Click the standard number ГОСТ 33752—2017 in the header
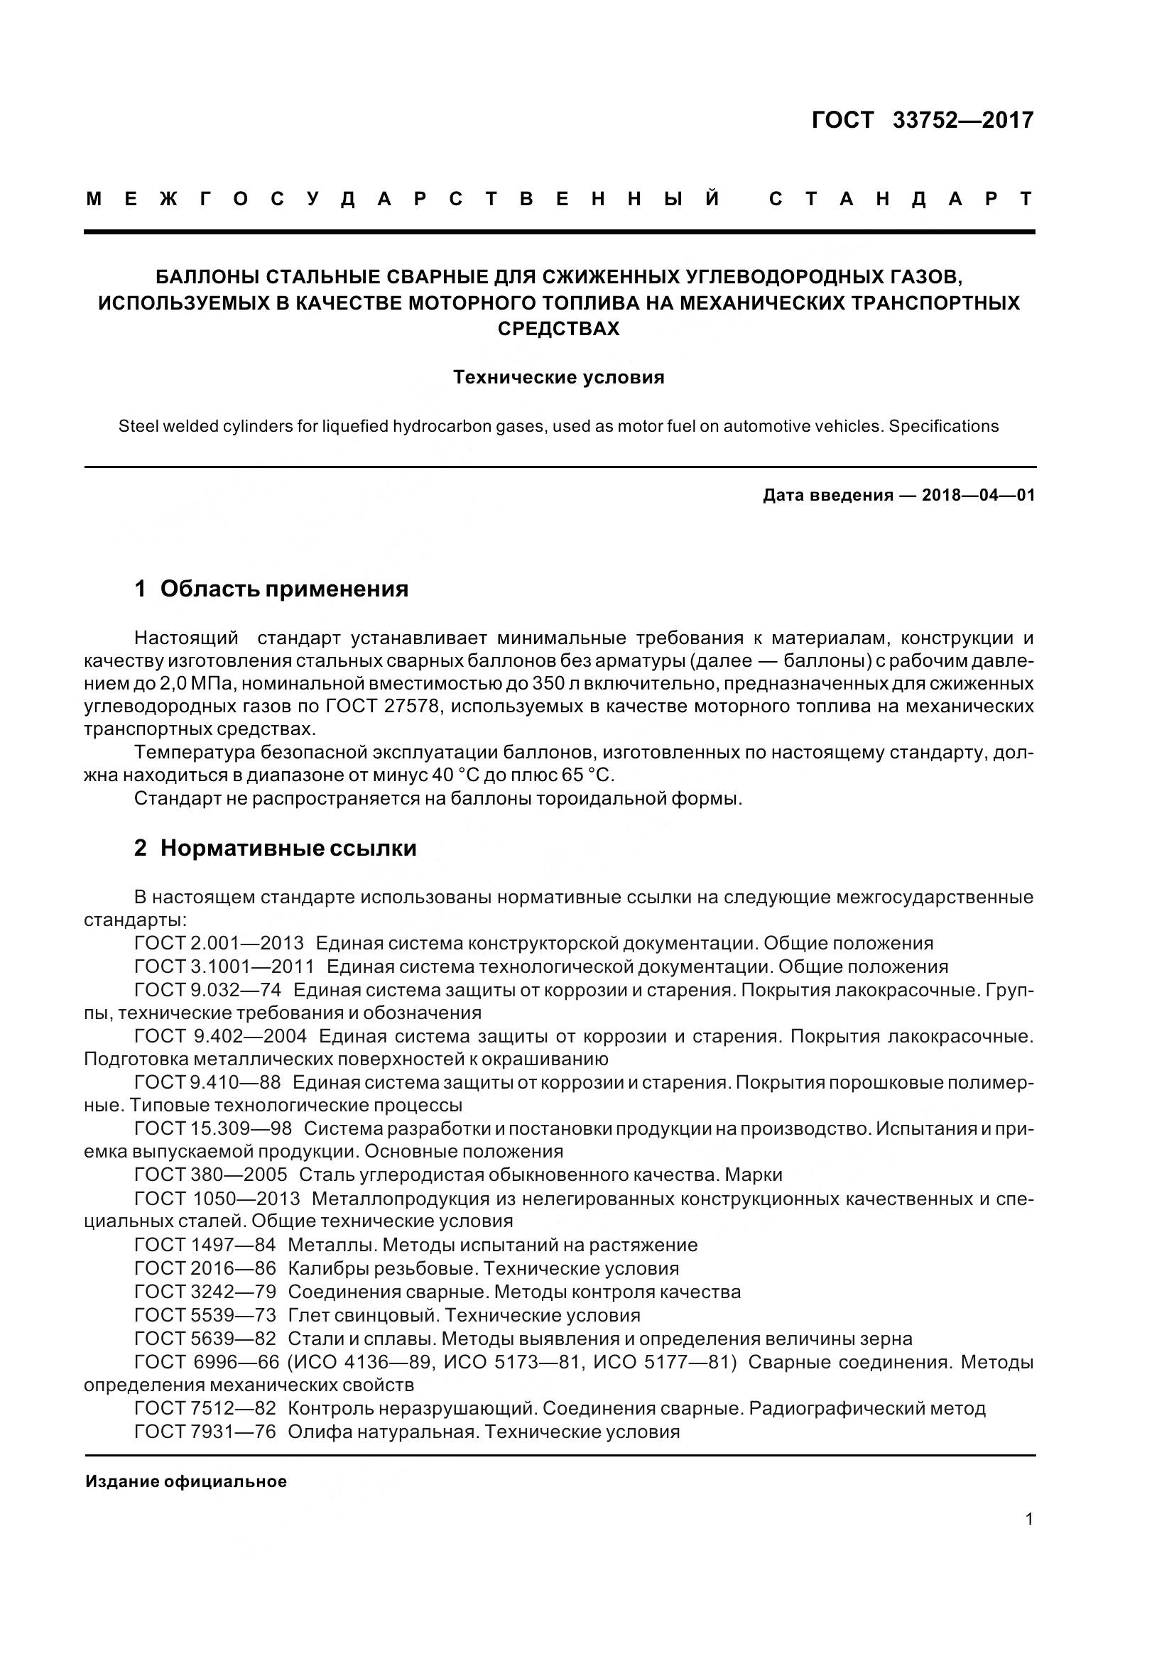pos(923,120)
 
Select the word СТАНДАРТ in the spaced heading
pos(901,200)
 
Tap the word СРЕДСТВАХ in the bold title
pos(558,329)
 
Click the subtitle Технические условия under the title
pos(558,378)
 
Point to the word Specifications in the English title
pos(943,427)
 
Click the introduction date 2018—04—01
pos(978,496)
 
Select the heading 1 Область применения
pos(271,589)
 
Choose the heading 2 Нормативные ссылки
pos(275,848)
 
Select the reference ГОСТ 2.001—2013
pos(219,943)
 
